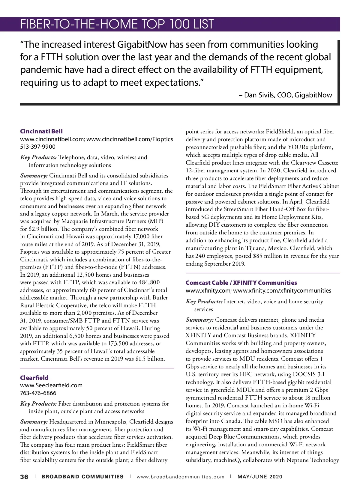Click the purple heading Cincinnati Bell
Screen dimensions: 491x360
pos(41,131)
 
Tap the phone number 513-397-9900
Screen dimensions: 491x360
pos(38,147)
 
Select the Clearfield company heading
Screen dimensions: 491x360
pos(34,378)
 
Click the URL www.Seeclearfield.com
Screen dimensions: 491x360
pos(51,385)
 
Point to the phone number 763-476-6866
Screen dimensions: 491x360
pos(38,393)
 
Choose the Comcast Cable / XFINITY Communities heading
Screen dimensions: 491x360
pos(241,283)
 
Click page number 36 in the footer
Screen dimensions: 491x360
pos(24,477)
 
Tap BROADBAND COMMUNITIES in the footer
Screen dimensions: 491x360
pos(82,477)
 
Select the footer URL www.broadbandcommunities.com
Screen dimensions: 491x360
pos(180,477)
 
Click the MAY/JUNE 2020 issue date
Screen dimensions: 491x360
pos(260,477)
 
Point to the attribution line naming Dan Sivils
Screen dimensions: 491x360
pos(285,95)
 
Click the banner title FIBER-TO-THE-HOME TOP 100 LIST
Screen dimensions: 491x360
pos(117,24)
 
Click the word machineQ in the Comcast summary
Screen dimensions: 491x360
pos(227,460)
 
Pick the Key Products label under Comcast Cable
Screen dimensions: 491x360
pos(204,302)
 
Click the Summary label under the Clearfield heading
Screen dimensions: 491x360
pos(34,422)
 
